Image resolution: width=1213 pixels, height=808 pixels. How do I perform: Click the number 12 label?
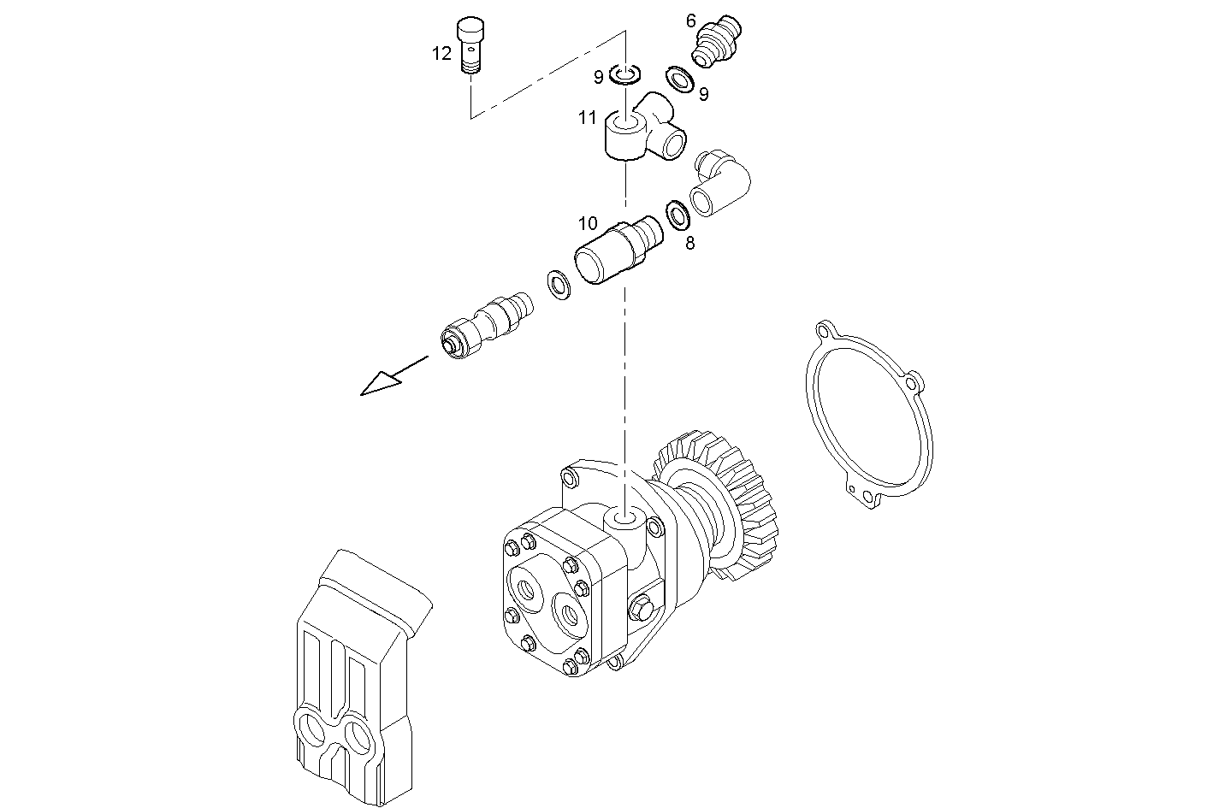pos(441,54)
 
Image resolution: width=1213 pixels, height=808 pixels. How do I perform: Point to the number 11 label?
pos(586,118)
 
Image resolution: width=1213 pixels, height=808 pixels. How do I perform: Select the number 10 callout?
pos(588,224)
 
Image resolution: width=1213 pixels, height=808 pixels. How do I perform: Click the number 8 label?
pos(689,243)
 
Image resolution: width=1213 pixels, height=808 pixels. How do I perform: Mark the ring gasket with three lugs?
pos(869,415)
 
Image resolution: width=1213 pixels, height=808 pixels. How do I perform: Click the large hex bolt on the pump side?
pos(639,610)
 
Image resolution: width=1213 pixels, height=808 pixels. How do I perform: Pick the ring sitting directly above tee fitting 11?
pos(625,77)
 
